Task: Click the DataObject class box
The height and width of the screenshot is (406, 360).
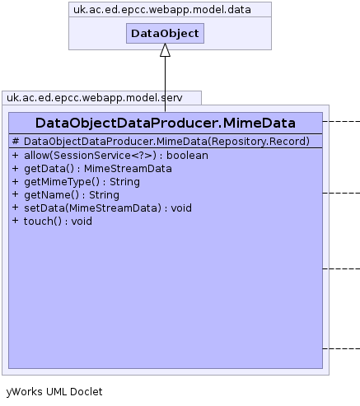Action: [165, 34]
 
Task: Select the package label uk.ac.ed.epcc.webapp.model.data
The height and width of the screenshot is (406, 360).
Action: [162, 10]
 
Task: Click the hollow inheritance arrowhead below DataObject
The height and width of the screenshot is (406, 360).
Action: [165, 50]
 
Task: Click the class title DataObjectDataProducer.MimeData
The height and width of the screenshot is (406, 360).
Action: [166, 123]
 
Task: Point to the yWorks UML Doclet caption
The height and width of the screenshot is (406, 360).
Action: [54, 392]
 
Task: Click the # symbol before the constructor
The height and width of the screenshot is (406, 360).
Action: [16, 142]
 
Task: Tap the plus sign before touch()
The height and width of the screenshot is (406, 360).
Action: [16, 221]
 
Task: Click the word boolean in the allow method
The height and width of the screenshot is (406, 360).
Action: [187, 156]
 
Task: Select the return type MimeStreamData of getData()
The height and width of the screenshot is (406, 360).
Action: [128, 169]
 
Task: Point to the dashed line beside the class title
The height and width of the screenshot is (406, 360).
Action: [341, 121]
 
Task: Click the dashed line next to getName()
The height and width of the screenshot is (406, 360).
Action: [341, 194]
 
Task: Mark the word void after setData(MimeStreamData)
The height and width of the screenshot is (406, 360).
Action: [181, 208]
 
